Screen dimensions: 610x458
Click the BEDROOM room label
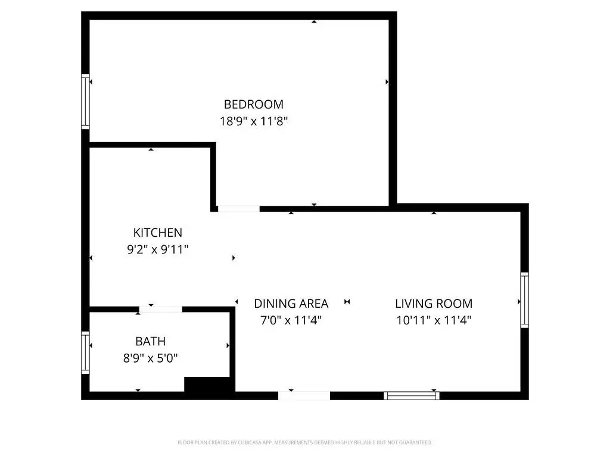(254, 104)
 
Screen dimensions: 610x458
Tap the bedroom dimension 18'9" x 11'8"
(254, 121)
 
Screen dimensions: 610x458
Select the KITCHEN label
(157, 233)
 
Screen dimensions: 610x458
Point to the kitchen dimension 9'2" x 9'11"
(157, 249)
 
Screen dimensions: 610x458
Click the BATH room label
(151, 341)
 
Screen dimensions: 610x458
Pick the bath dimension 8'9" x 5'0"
(151, 358)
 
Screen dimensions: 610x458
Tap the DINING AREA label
(291, 304)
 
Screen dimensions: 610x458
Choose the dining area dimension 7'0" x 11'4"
(291, 320)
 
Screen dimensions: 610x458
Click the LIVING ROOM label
(434, 304)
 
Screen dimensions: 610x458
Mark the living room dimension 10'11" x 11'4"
(434, 320)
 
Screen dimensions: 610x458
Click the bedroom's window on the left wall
(85, 101)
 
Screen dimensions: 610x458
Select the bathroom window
(85, 352)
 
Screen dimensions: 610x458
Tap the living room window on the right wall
(524, 300)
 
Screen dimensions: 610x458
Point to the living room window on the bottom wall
(412, 396)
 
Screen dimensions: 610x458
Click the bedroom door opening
(238, 209)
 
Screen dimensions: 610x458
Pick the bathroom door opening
(161, 310)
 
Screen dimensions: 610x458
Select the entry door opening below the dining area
(304, 396)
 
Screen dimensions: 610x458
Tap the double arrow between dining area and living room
(347, 301)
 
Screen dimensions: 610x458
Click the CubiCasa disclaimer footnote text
(304, 442)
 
